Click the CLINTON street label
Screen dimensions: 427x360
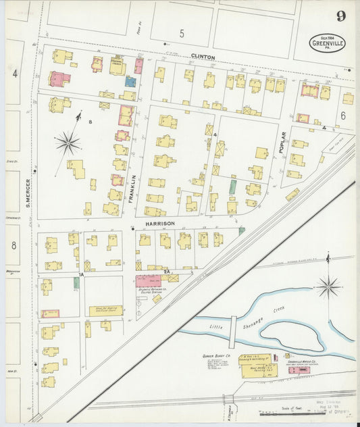point(203,57)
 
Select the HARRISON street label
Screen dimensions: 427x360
point(159,223)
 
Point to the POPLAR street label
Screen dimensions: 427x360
point(282,143)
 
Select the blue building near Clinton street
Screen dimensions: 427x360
point(130,81)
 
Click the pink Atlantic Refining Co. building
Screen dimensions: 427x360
point(148,280)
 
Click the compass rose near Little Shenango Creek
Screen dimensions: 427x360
point(329,286)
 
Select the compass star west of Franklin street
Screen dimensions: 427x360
point(68,143)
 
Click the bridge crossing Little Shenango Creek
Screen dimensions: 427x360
point(232,332)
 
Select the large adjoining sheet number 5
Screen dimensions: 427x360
point(182,32)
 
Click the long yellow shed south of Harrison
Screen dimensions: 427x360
point(105,311)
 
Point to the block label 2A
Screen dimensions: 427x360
point(166,271)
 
